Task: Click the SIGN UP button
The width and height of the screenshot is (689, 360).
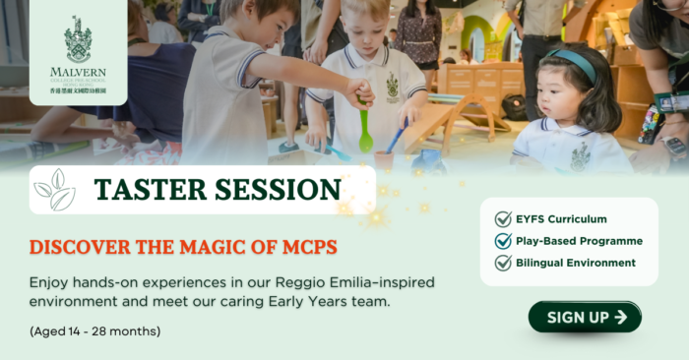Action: coord(585,317)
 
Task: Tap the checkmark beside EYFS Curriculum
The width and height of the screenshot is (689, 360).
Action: coord(503,219)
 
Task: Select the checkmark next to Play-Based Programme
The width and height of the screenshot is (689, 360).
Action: coord(503,241)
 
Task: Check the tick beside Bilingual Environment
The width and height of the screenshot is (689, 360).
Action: coord(503,263)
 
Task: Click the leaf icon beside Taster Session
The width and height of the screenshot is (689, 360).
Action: coord(55,190)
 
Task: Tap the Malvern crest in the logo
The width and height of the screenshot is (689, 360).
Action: coord(78,38)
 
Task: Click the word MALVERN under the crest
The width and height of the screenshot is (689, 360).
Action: coord(78,71)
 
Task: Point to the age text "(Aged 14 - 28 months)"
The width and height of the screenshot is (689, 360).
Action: coord(95,330)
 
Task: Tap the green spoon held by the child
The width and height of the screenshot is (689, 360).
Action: coord(366,133)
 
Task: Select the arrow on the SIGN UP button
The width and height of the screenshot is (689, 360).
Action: coord(620,317)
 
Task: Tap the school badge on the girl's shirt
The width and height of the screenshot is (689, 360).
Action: coord(581,156)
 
